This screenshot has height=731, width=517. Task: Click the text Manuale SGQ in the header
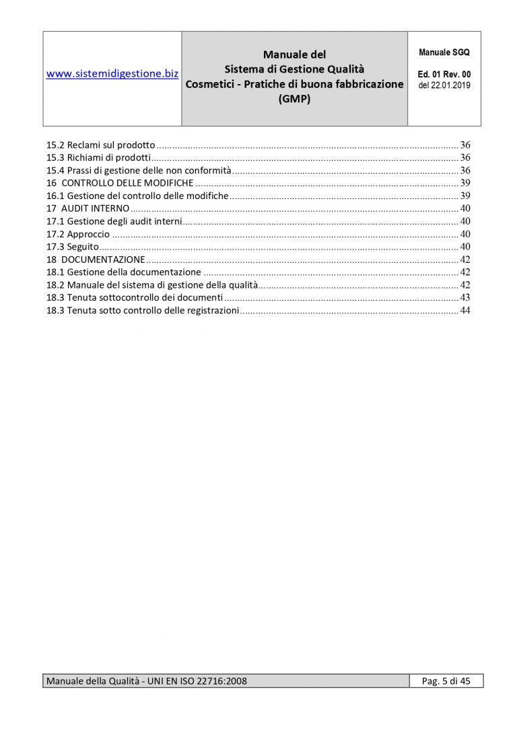444,52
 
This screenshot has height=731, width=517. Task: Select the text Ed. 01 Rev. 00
444,74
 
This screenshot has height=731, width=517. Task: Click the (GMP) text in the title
294,97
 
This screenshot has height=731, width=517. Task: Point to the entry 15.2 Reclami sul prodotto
101,145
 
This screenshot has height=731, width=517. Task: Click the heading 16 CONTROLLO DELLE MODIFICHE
120,183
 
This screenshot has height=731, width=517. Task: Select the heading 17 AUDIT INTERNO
88,208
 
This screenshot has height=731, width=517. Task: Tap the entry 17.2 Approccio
78,234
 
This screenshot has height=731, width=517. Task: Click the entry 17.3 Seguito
67,247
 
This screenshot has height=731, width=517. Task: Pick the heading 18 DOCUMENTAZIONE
96,260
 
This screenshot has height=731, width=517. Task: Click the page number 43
464,298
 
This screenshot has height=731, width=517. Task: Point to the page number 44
464,311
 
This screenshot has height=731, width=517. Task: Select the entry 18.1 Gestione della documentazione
124,272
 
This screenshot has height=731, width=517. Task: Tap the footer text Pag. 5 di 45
446,681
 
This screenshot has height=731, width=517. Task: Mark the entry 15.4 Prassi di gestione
139,170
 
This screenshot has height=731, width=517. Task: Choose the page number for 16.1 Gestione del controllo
464,196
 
